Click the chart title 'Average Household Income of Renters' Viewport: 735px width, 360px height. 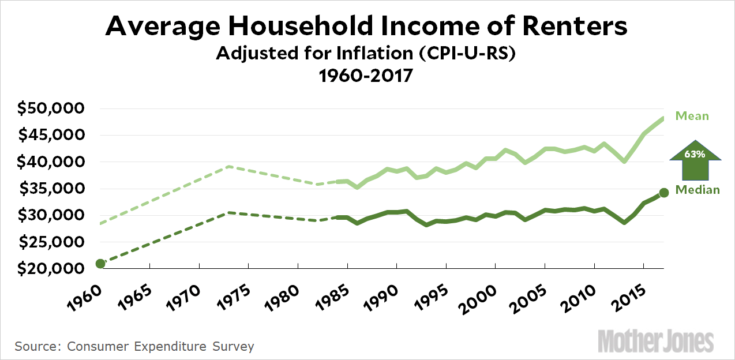(x=367, y=27)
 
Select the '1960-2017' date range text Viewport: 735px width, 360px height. (x=367, y=76)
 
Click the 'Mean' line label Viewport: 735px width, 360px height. (x=692, y=116)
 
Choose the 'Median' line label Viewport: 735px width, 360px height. (x=698, y=190)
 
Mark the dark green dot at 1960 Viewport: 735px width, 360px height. (x=100, y=264)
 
